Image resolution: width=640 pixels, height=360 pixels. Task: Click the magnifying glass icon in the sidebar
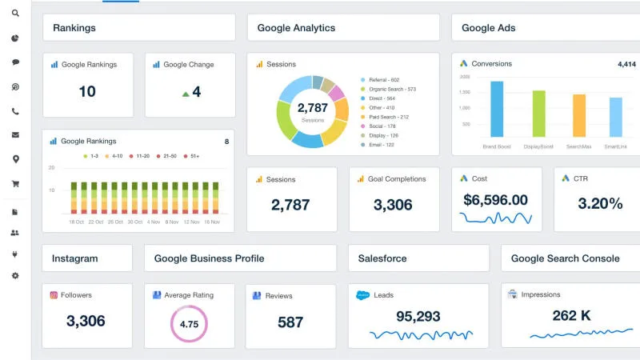point(15,14)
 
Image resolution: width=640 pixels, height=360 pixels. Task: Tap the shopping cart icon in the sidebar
point(15,183)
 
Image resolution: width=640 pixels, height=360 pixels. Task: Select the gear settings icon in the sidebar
point(15,275)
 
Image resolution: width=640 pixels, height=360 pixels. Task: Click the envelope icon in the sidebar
point(15,135)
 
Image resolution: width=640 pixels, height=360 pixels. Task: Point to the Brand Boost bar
point(497,109)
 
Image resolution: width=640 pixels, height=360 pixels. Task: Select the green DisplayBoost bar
point(538,114)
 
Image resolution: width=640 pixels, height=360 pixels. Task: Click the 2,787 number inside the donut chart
point(312,107)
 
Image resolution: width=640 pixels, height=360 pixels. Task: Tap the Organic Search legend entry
point(391,89)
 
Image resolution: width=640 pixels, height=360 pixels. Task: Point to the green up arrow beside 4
point(186,94)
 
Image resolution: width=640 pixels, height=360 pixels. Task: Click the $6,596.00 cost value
point(495,200)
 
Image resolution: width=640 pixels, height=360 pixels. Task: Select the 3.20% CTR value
point(600,203)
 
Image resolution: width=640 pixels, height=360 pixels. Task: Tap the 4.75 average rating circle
point(189,325)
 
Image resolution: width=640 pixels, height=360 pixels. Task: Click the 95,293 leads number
point(418,317)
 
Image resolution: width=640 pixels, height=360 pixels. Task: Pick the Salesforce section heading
point(382,258)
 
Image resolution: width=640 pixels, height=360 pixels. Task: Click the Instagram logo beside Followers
point(54,295)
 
